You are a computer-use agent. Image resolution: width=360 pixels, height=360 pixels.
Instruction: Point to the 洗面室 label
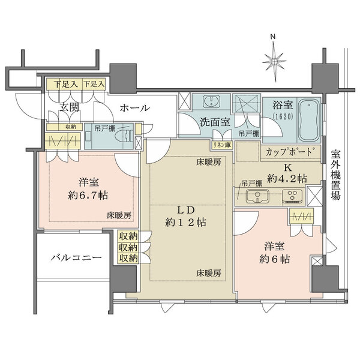coord(214,121)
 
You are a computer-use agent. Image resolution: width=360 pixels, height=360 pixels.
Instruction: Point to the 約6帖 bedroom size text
coord(274,259)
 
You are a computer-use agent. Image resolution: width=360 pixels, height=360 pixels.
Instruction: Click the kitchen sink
coord(259,195)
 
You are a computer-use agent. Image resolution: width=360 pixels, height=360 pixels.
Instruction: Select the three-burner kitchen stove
coord(292,195)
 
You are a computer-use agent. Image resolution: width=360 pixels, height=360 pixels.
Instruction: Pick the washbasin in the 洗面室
coord(211,101)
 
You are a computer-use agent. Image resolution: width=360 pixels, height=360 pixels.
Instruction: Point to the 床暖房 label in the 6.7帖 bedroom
coord(119,215)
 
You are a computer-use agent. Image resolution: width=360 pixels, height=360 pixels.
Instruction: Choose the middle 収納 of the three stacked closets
coord(127,247)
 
